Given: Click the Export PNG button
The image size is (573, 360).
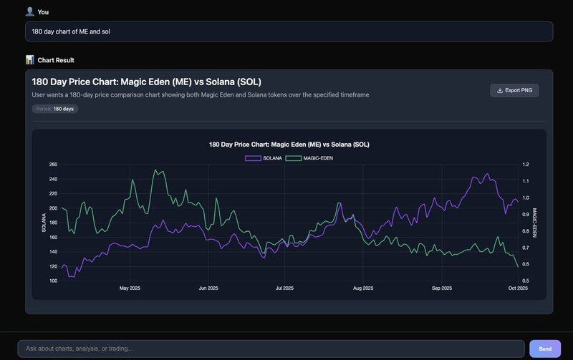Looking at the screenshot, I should pos(514,90).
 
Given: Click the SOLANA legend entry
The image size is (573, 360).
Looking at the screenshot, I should pos(263,157).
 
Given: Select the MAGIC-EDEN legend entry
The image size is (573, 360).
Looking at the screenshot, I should pos(309,157).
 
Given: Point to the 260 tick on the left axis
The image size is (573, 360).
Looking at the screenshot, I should pos(53,165).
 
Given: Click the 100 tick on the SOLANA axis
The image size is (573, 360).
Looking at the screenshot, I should pos(53,281).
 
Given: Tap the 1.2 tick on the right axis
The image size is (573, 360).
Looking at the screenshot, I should pos(526,165).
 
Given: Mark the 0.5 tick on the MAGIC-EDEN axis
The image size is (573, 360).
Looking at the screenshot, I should pos(526,281).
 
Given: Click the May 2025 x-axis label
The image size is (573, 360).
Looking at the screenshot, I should pos(130,288).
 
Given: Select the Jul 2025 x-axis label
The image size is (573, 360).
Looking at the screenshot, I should pos(284,288).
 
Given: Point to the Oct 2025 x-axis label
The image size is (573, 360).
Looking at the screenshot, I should pos(517,288).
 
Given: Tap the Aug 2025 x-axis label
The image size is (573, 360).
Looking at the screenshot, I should pos(363,288).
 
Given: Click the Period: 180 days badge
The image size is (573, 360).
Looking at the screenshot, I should pos(55,109).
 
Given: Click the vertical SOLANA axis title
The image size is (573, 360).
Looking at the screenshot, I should pos(44,223).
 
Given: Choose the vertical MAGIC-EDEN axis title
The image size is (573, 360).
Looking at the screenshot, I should pos(534,223).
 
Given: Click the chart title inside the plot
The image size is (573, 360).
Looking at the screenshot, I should pos(289,145).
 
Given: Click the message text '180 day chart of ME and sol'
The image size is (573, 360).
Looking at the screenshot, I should pos(72,31).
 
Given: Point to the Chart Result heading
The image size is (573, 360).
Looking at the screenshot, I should pos(56,60).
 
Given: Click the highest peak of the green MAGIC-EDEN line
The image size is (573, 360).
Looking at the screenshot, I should pos(155,170).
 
